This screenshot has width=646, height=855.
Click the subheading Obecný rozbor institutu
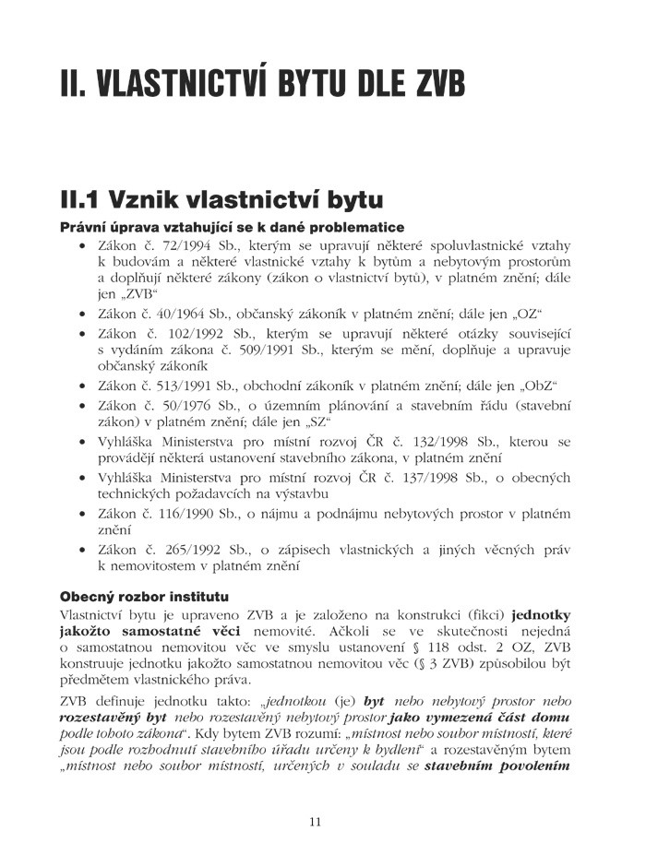pos(144,596)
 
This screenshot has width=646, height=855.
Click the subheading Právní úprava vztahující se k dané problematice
pos(232,227)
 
